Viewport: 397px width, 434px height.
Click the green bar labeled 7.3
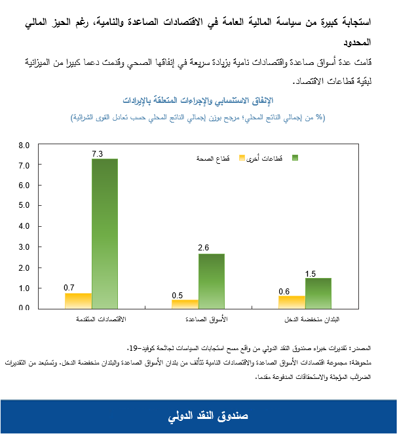[105, 233]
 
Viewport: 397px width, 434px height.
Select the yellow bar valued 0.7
[78, 300]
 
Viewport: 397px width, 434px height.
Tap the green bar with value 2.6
[212, 281]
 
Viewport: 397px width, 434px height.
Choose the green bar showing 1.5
[318, 292]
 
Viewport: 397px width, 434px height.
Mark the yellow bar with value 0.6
[292, 302]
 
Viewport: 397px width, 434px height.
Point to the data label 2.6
[203, 248]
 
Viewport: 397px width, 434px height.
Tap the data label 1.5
[311, 273]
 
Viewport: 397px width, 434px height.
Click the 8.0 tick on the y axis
[24, 145]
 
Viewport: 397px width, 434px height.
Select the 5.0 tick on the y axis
[24, 206]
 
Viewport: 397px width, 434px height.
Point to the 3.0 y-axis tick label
[24, 247]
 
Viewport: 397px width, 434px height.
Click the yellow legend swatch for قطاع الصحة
[242, 158]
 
